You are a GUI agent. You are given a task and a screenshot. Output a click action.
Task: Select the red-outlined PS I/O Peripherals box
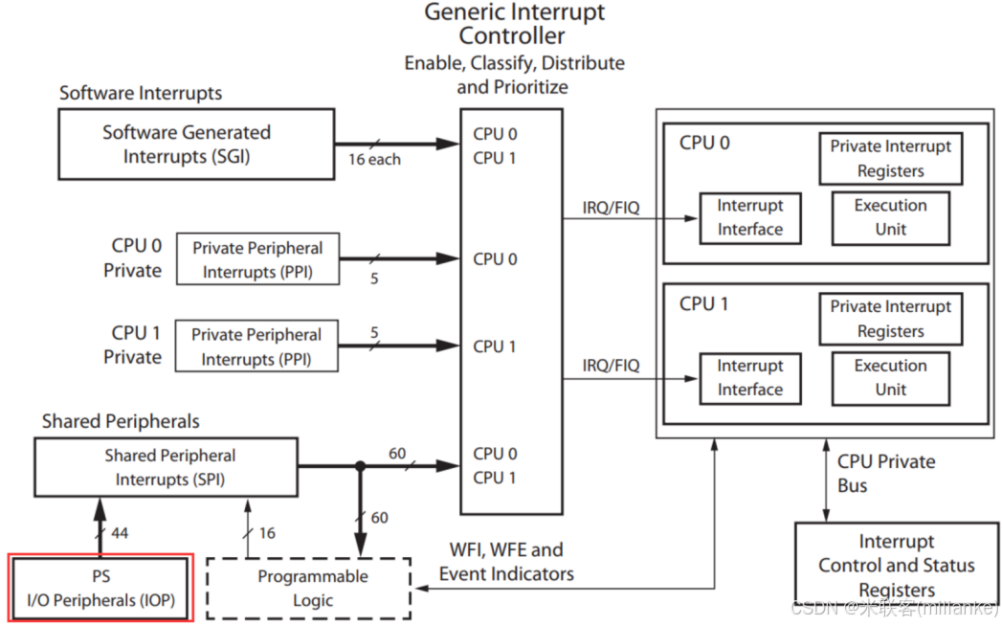click(101, 588)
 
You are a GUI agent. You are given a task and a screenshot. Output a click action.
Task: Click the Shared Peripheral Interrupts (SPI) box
click(170, 467)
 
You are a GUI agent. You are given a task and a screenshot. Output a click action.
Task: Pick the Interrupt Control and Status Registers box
click(896, 565)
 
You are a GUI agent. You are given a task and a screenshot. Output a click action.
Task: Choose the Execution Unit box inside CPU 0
click(890, 217)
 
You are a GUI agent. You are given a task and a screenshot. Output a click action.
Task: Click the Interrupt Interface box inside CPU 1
click(749, 378)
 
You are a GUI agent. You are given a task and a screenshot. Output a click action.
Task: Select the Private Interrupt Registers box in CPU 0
click(890, 159)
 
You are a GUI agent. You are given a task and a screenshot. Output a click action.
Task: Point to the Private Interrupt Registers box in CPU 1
click(890, 319)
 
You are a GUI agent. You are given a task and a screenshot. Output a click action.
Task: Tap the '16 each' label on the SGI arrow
click(374, 160)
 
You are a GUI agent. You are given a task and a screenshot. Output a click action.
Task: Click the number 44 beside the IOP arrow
click(120, 532)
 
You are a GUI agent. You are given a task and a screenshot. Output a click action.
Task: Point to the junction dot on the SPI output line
click(360, 467)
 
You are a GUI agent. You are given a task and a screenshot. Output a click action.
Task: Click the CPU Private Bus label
click(885, 473)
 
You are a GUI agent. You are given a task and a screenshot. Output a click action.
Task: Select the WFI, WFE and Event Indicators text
click(506, 562)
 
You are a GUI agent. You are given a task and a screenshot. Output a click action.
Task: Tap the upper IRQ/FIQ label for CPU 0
click(611, 207)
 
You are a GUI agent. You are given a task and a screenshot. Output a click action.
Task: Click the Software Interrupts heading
click(141, 93)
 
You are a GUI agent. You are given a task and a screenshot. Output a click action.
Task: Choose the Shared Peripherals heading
click(121, 421)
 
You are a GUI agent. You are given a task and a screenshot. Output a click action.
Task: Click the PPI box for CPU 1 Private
click(256, 346)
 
